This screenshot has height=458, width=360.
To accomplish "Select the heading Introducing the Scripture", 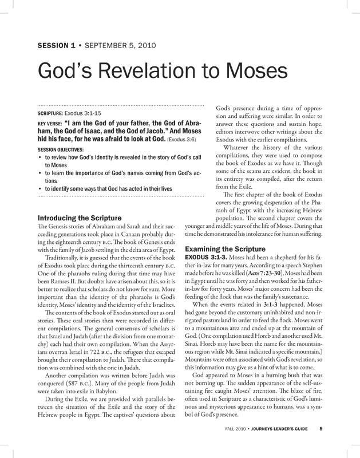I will click(78, 218).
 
